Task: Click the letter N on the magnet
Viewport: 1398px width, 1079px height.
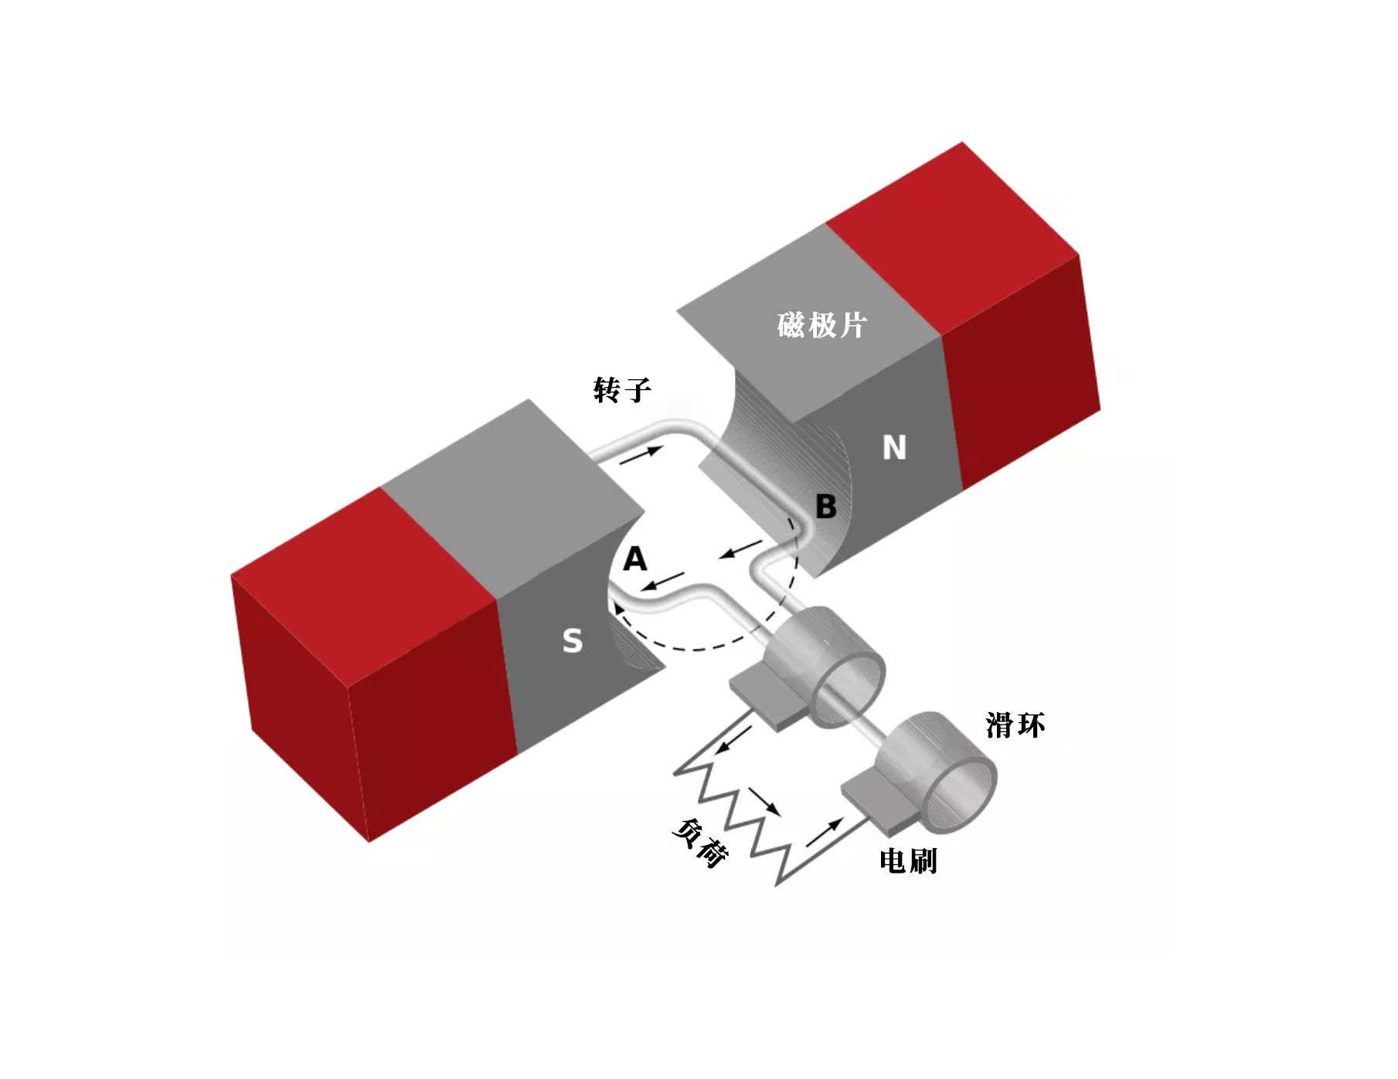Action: pos(894,447)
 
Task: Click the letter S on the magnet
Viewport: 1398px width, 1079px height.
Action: pos(573,640)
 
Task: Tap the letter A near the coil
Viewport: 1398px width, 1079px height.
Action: pos(634,558)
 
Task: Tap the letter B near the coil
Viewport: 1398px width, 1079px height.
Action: pos(826,507)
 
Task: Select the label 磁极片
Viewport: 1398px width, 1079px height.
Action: pos(821,325)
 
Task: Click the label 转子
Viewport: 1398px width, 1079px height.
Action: pos(622,390)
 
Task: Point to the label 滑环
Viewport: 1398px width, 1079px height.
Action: pos(1015,725)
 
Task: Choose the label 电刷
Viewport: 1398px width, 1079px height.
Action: pos(908,860)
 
